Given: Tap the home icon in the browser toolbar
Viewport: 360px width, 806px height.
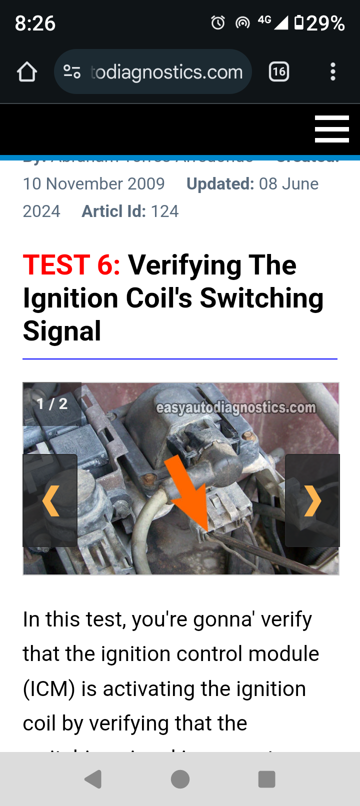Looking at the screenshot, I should tap(27, 72).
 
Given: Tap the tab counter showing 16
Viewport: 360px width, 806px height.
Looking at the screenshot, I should tap(279, 72).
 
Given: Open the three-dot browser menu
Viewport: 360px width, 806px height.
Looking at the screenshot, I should tap(333, 72).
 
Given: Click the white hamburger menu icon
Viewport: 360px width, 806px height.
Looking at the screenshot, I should tap(331, 129).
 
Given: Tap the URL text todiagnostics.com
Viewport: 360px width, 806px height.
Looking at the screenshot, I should tap(167, 72).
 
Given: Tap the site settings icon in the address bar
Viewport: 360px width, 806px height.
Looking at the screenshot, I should tap(72, 72).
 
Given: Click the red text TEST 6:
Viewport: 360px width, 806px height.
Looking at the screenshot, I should tap(71, 265).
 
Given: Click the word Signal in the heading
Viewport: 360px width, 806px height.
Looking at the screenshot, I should tap(62, 331).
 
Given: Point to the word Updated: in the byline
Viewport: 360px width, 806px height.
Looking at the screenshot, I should tap(220, 184).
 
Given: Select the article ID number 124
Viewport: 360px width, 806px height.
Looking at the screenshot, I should tap(164, 211).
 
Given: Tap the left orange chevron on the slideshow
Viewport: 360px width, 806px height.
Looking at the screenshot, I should tap(50, 500).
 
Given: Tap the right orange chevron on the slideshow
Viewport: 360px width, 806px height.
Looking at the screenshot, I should tap(312, 500).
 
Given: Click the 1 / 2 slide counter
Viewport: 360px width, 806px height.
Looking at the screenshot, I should tap(52, 403).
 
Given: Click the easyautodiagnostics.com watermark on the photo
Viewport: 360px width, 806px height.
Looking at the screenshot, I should tap(236, 408).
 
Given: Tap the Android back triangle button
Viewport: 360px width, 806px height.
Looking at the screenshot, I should tap(93, 779).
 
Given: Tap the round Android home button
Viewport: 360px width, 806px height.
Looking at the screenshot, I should tap(180, 779).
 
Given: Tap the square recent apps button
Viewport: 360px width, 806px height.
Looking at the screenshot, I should tap(266, 779).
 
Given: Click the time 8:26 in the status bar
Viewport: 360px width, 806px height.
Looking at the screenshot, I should tap(35, 23).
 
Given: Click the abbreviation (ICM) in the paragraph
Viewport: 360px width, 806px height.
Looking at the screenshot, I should tap(49, 689).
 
